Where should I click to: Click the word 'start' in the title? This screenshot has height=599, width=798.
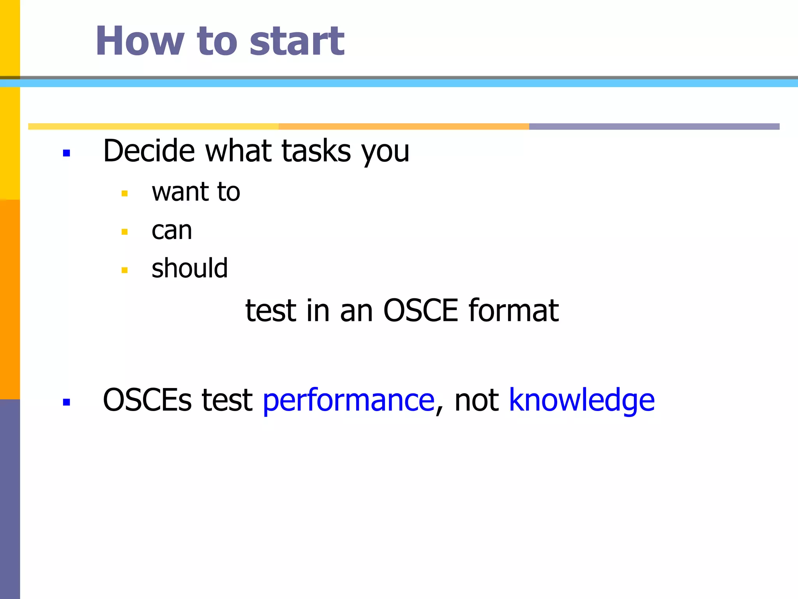pos(297,41)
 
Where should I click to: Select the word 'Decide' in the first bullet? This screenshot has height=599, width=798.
pos(149,151)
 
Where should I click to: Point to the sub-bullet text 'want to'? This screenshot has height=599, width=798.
pos(196,192)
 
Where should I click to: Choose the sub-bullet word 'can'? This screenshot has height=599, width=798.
pos(171,230)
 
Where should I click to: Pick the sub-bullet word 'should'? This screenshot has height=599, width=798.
pos(189,269)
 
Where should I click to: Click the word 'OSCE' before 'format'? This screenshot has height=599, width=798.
pos(420,310)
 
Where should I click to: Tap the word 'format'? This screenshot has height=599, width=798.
pos(514,310)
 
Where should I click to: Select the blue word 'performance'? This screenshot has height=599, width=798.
pos(348,401)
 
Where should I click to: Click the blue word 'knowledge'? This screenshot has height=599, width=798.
pos(581,401)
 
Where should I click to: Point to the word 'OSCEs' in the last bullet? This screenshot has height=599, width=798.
pos(147,401)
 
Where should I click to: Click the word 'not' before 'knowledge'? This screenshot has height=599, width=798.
pos(476,401)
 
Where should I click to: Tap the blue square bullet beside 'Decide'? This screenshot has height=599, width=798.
pos(66,153)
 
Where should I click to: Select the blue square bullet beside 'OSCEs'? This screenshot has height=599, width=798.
pos(66,402)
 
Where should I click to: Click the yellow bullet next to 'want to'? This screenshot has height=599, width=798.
pos(125,193)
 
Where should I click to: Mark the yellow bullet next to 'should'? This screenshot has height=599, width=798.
pos(125,270)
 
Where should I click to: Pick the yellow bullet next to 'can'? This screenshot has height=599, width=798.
pos(125,232)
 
